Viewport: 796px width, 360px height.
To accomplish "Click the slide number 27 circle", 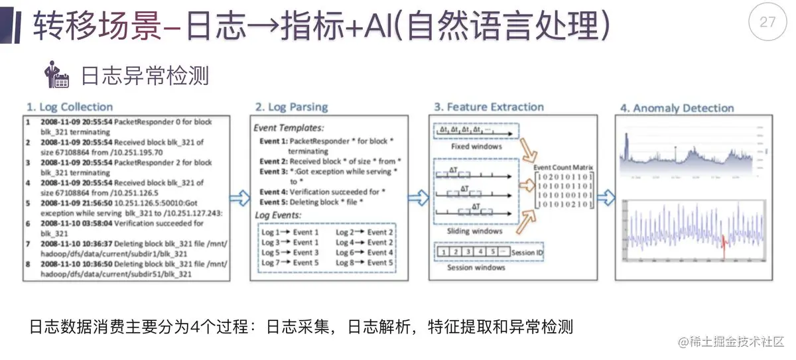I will (767, 22).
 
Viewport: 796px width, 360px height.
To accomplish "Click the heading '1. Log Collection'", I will (70, 107).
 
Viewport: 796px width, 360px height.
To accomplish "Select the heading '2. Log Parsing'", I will (292, 107).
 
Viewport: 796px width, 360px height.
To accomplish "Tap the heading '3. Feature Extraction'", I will (488, 107).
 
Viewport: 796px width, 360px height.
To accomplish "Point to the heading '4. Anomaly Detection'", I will (677, 108).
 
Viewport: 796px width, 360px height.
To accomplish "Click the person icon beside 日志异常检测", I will (56, 76).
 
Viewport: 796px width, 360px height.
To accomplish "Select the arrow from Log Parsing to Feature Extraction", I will (418, 197).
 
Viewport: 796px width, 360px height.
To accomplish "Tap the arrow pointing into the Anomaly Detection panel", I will (605, 197).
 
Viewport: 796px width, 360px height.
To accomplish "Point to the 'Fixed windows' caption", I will (476, 146).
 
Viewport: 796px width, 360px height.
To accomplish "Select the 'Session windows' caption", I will (476, 267).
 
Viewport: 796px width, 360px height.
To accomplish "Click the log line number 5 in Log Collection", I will (29, 204).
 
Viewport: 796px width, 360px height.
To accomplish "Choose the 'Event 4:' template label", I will (273, 192).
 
